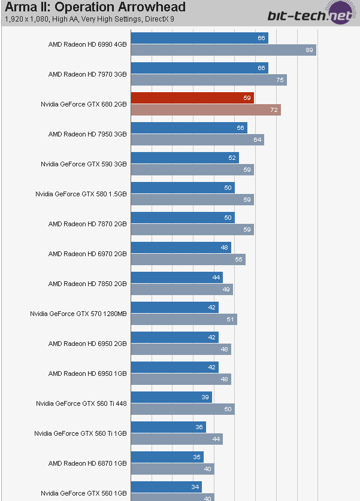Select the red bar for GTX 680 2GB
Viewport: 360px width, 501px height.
pyautogui.click(x=192, y=98)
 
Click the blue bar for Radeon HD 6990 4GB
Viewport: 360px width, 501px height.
pyautogui.click(x=199, y=38)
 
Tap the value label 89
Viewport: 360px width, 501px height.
pyautogui.click(x=309, y=50)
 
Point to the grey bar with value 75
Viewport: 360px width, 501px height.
pyautogui.click(x=208, y=80)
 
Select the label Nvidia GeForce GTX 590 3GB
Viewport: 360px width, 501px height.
pyautogui.click(x=84, y=164)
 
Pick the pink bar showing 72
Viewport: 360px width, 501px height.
pyautogui.click(x=205, y=110)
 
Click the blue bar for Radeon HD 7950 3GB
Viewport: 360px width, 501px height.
pyautogui.click(x=189, y=128)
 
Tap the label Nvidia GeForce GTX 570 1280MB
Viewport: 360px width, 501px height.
pyautogui.click(x=78, y=314)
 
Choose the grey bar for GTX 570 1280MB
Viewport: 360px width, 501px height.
pyautogui.click(x=184, y=320)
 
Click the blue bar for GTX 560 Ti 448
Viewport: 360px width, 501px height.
pyautogui.click(x=171, y=397)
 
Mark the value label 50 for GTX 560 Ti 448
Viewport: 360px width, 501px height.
pyautogui.click(x=228, y=409)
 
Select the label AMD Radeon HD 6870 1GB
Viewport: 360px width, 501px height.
pyautogui.click(x=87, y=463)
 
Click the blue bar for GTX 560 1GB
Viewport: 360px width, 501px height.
pyautogui.click(x=166, y=487)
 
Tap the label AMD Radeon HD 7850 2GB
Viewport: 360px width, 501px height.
pyautogui.click(x=87, y=284)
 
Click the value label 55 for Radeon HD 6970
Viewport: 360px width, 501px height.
pyautogui.click(x=238, y=260)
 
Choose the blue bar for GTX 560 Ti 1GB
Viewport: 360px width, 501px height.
pyautogui.click(x=168, y=427)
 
